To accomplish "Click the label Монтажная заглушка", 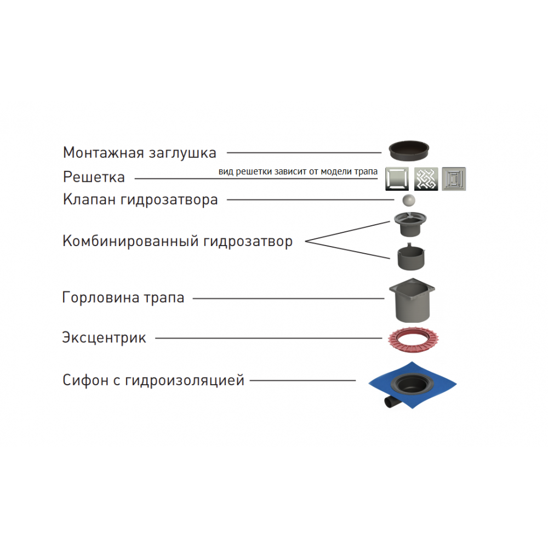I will click(140, 152).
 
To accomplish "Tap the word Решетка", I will click(94, 178).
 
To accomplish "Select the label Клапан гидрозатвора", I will click(140, 199).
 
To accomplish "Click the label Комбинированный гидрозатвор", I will click(178, 241).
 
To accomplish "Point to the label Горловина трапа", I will click(123, 298).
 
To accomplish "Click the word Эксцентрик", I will click(104, 338).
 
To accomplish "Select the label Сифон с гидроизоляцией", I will click(153, 380).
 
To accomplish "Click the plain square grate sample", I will click(397, 178).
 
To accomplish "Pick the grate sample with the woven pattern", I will click(426, 178).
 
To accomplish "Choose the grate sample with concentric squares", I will click(454, 178).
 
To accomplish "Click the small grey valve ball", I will click(408, 201).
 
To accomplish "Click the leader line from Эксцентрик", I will click(269, 338).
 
